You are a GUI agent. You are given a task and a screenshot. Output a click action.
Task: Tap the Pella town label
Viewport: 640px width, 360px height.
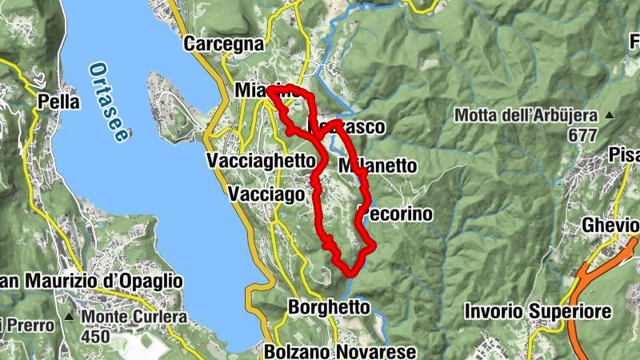59,102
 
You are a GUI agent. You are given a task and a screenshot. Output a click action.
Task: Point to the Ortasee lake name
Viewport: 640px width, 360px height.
109,102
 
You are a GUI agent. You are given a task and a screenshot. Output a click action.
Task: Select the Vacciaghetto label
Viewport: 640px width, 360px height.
261,161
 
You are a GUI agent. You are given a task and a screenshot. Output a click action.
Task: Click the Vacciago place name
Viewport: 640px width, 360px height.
266,194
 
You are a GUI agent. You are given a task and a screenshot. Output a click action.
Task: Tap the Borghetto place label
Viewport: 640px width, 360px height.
329,306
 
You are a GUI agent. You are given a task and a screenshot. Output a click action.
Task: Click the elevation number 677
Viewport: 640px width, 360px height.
583,135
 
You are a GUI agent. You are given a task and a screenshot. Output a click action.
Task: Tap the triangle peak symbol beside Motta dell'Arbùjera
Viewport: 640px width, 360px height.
610,115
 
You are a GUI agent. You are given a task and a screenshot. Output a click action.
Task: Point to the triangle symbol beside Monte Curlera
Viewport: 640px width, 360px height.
70,317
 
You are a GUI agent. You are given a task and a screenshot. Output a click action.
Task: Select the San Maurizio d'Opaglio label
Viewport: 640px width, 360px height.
91,282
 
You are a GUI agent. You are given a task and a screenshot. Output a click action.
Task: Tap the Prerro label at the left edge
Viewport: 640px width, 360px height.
29,325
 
